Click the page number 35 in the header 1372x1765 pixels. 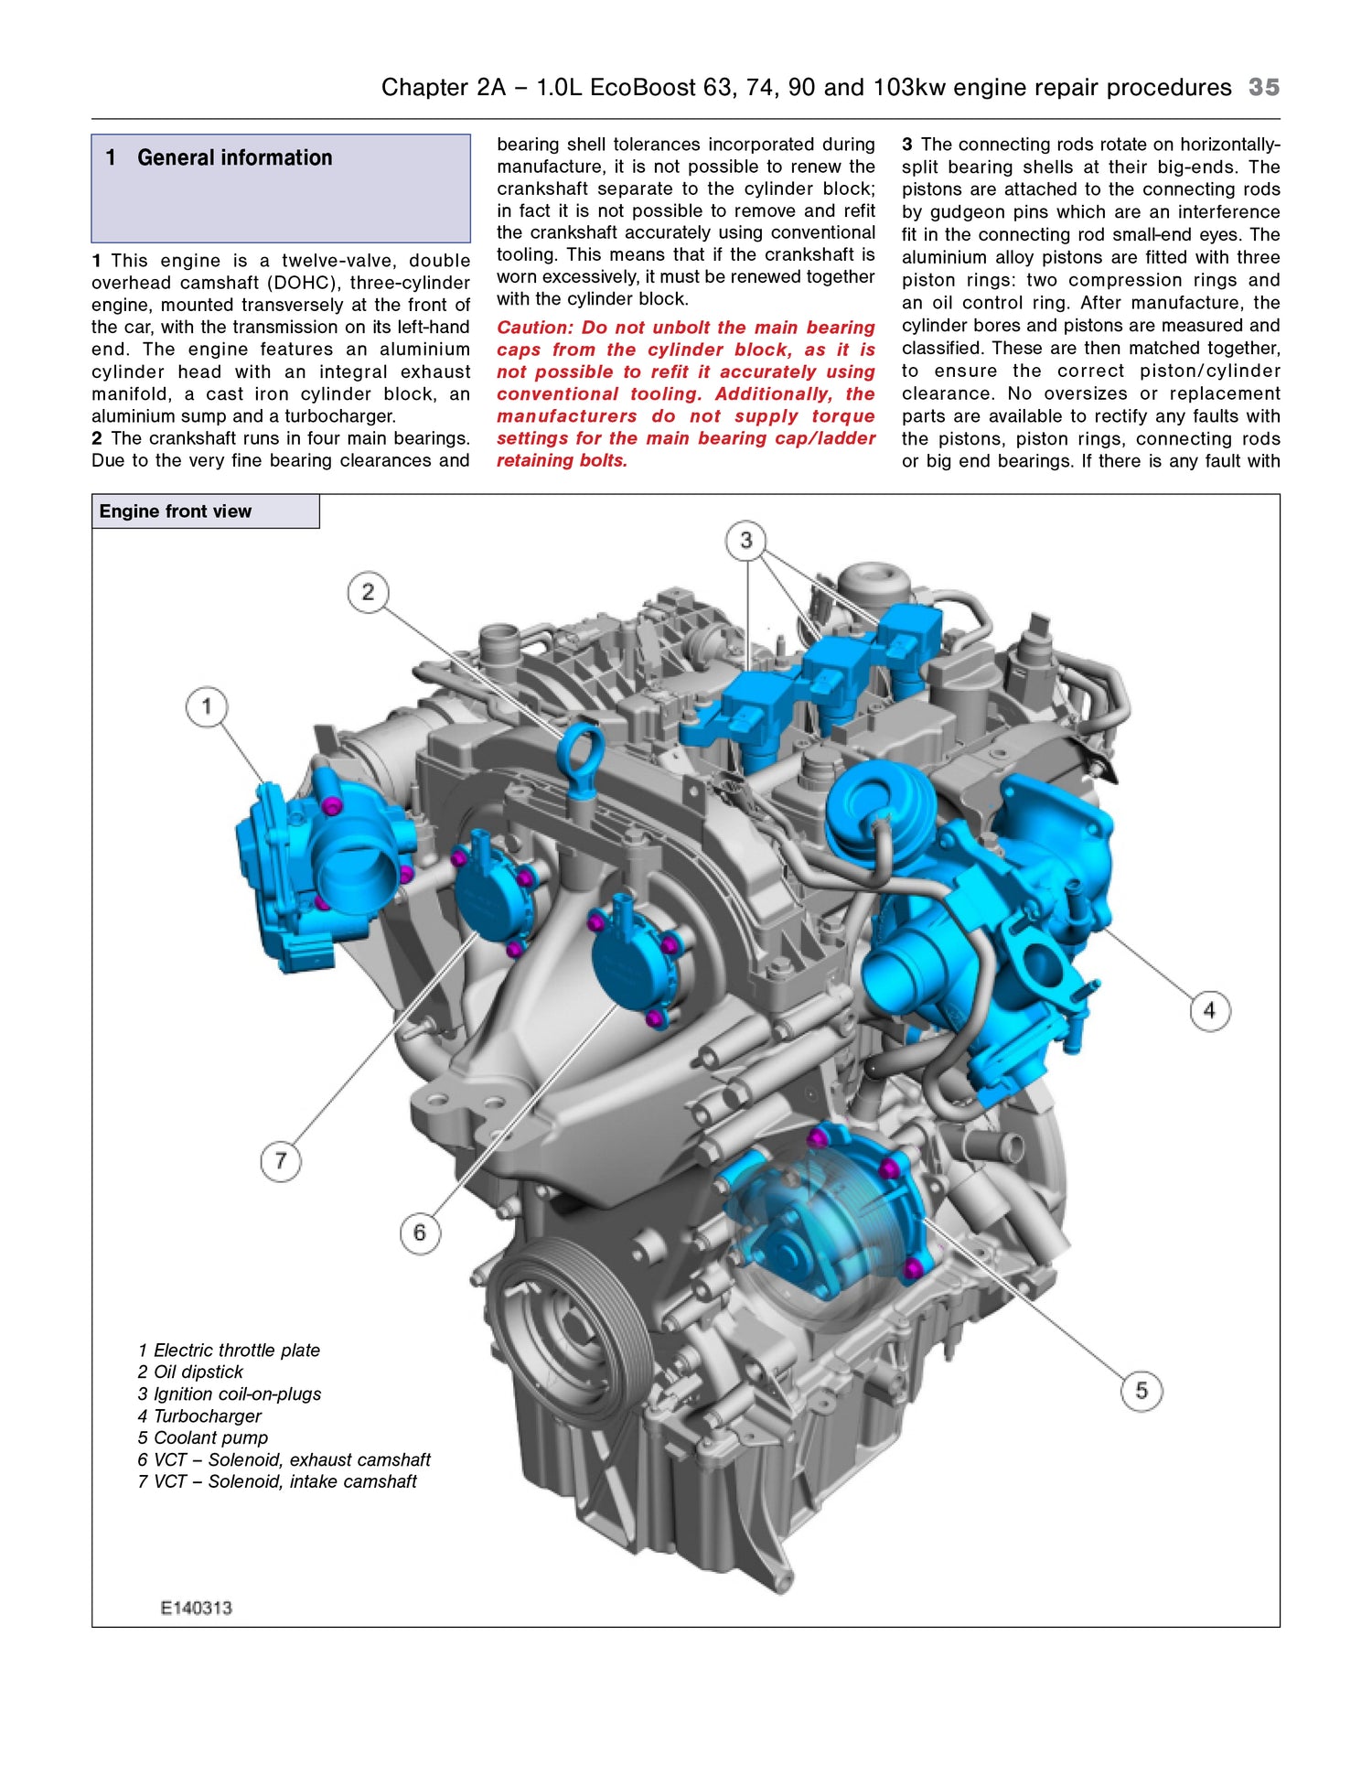pos(1263,87)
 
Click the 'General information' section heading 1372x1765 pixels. pos(234,157)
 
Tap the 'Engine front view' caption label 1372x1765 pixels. pos(175,511)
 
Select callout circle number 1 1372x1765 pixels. pos(207,706)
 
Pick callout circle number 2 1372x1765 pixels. pos(368,592)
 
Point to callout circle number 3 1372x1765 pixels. pos(746,540)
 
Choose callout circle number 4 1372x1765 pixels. pos(1209,1010)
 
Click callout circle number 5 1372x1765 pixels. pos(1142,1391)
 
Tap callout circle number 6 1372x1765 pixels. pos(420,1232)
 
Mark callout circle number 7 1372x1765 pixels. pos(281,1161)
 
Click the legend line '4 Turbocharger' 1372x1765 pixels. pos(199,1416)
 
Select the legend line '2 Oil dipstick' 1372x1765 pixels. pos(190,1372)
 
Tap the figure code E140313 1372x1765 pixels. pos(196,1609)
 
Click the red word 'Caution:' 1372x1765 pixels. pos(535,328)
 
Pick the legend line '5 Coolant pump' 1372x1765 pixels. pos(203,1438)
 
